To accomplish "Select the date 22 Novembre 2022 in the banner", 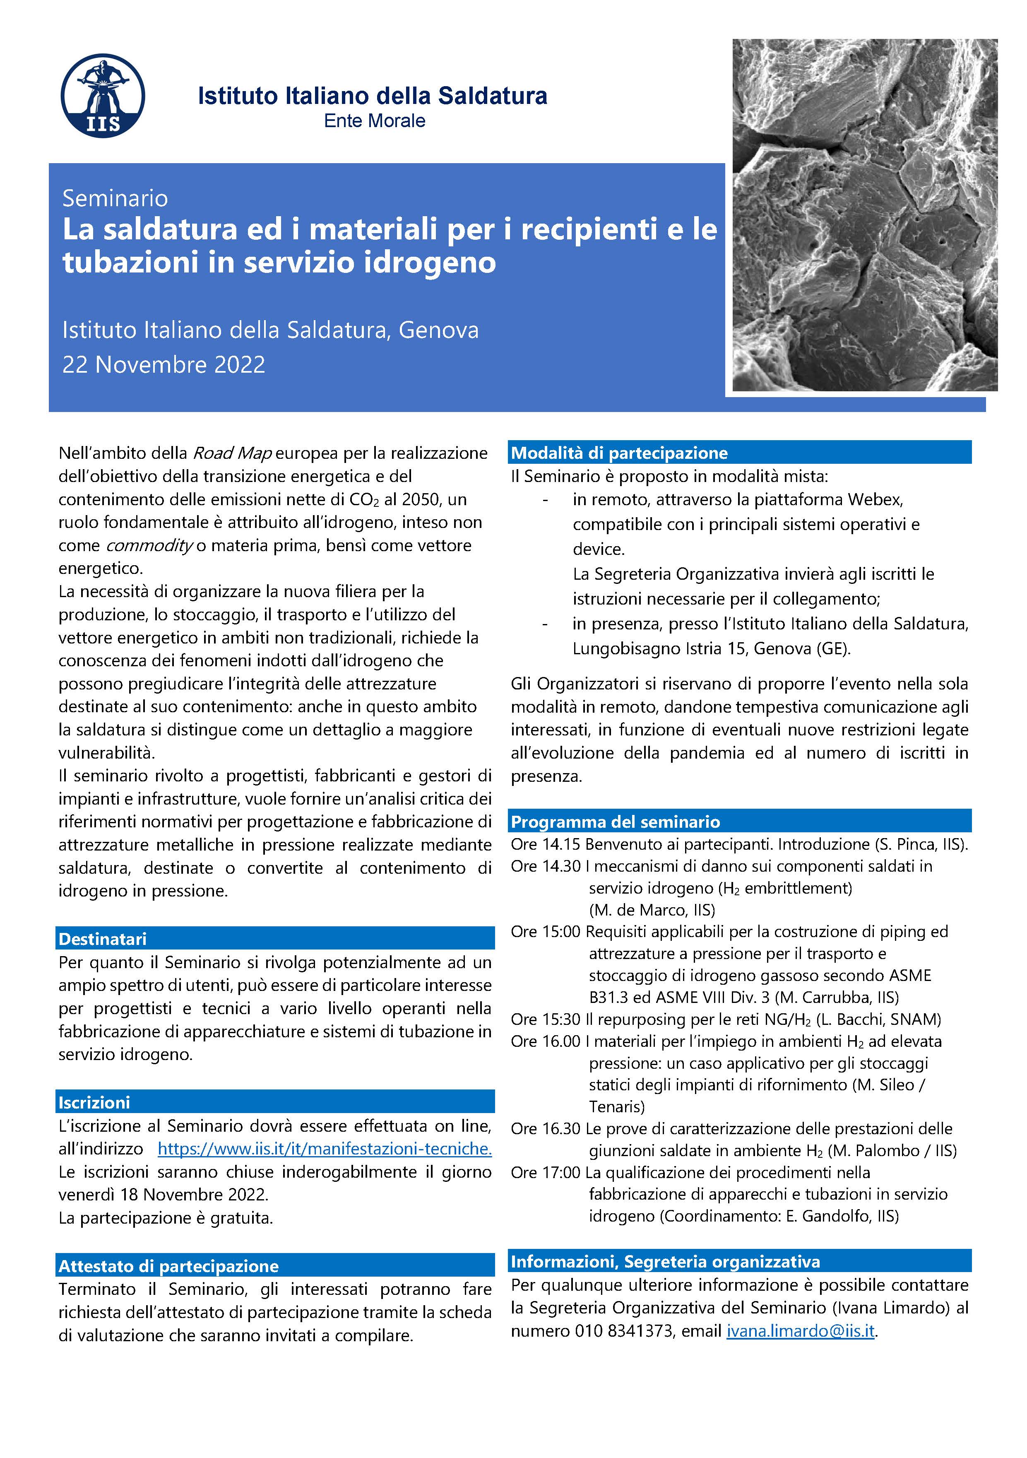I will pos(164,364).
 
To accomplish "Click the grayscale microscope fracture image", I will pos(864,214).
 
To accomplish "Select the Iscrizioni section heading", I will pos(94,1102).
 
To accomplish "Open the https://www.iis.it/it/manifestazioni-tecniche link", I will pos(325,1148).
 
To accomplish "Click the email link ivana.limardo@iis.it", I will pos(801,1331).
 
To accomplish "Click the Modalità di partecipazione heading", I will pos(619,453).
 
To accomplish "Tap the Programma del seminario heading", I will pos(615,822).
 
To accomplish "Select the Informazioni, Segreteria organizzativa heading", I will pos(665,1262).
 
